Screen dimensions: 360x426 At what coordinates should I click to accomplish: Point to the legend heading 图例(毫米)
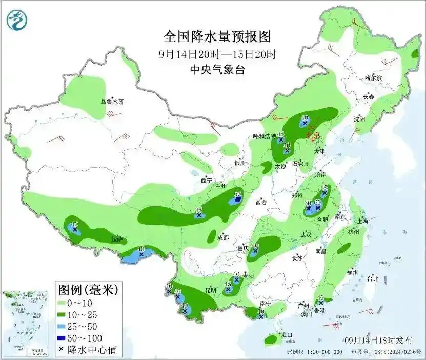tap(88, 290)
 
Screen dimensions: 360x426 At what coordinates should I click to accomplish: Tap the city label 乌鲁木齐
tap(112, 102)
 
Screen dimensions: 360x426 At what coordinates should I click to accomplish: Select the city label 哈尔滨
tap(373, 78)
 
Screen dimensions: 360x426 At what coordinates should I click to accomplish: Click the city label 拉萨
tap(117, 239)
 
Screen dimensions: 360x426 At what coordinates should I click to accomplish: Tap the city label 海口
tap(287, 335)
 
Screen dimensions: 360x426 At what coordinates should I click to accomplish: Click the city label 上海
tap(363, 221)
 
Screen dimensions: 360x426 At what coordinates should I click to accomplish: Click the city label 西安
tap(261, 203)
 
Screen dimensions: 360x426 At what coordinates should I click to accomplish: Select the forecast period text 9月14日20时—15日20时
tap(217, 54)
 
